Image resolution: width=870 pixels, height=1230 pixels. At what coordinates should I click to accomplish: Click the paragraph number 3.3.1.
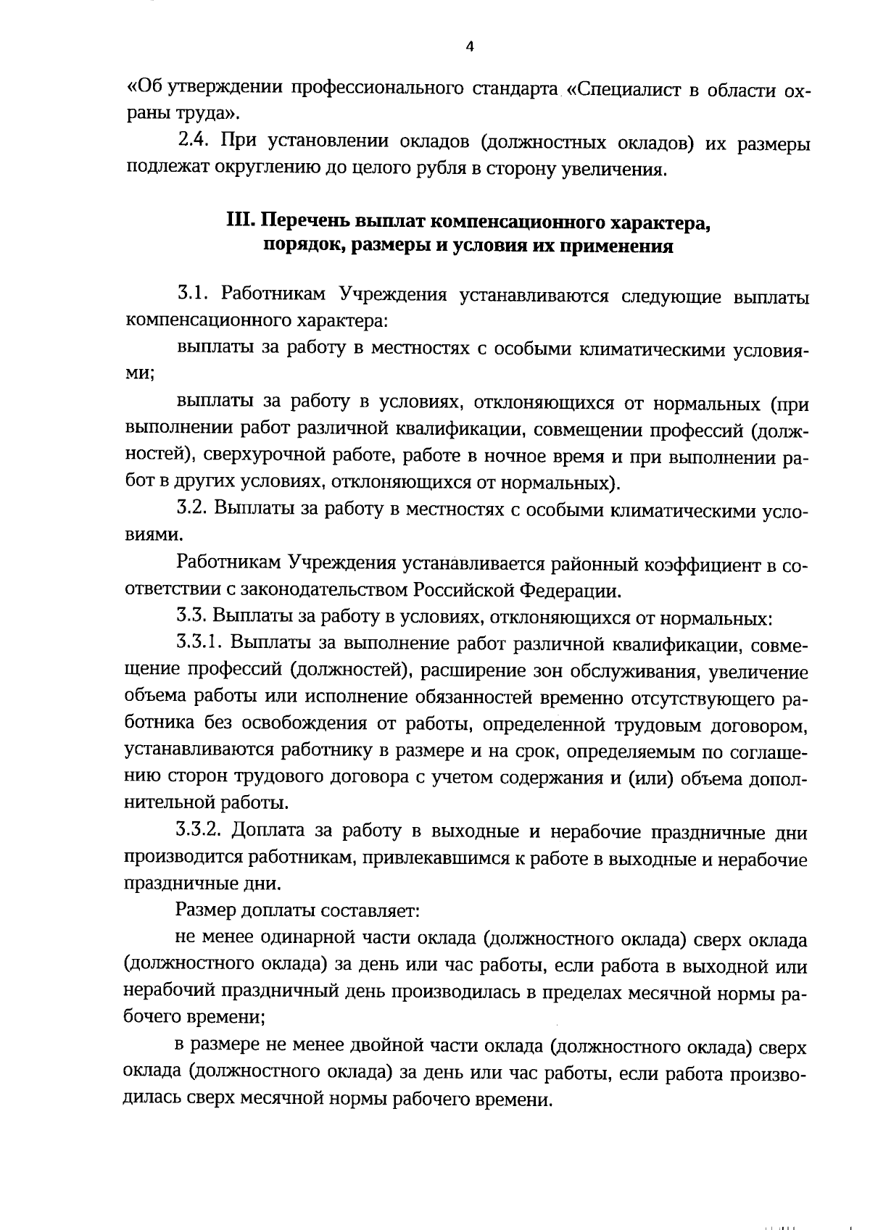pos(200,644)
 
